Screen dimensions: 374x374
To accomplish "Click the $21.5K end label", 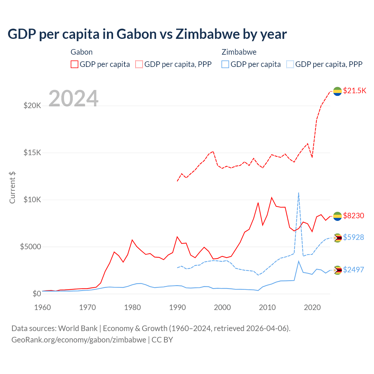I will pyautogui.click(x=354, y=91).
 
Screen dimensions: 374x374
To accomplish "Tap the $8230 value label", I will pyautogui.click(x=354, y=216).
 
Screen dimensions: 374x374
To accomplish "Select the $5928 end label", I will pyautogui.click(x=354, y=237).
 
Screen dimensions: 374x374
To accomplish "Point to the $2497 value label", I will pyautogui.click(x=354, y=270).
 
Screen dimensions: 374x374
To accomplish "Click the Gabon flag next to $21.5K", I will pyautogui.click(x=337, y=91).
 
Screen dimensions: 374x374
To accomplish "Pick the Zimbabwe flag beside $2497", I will pyautogui.click(x=337, y=270).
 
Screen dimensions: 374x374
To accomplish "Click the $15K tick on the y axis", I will pyautogui.click(x=32, y=153).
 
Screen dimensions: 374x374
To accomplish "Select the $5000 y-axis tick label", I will pyautogui.click(x=30, y=247).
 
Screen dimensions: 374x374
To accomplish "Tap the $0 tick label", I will pyautogui.click(x=37, y=294).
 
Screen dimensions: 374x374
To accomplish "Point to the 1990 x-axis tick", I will pyautogui.click(x=177, y=307).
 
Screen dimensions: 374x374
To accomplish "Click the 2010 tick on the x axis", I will pyautogui.click(x=267, y=307).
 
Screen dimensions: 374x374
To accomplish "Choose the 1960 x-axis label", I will pyautogui.click(x=43, y=307).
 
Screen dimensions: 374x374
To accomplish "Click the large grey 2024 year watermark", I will pyautogui.click(x=73, y=98).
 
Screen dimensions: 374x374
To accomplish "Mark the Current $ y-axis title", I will pyautogui.click(x=12, y=188).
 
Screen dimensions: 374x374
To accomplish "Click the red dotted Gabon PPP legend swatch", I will pyautogui.click(x=139, y=64).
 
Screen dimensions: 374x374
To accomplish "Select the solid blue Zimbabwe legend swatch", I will pyautogui.click(x=225, y=64).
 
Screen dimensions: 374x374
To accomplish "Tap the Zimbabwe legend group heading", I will pyautogui.click(x=239, y=52).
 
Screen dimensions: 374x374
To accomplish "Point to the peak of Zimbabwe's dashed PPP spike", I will pyautogui.click(x=299, y=193).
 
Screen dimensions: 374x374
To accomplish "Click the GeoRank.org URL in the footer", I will pyautogui.click(x=79, y=340).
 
